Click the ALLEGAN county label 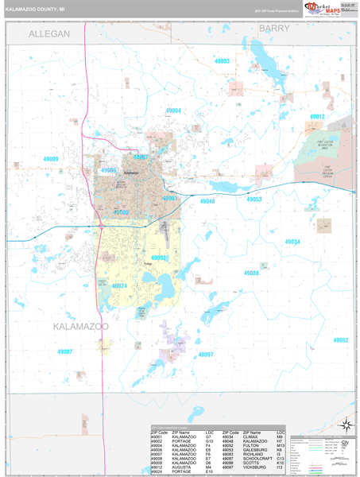pyautogui.click(x=49, y=33)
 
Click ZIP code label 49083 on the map pyautogui.click(x=222, y=61)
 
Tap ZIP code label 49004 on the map pyautogui.click(x=173, y=111)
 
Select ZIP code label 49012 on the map pyautogui.click(x=317, y=117)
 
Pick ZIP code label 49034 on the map pyautogui.click(x=292, y=241)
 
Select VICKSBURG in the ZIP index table pyautogui.click(x=256, y=469)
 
